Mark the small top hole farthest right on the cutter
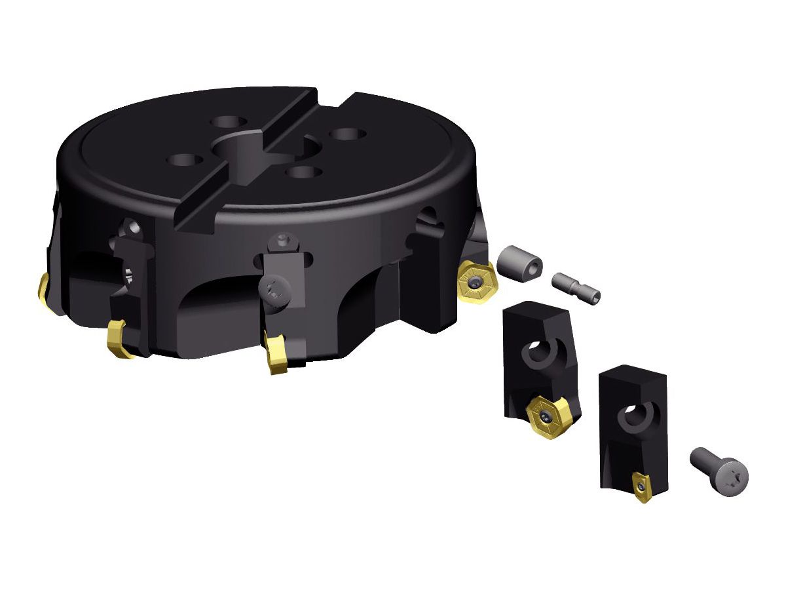[x=347, y=134]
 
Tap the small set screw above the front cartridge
[x=282, y=239]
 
